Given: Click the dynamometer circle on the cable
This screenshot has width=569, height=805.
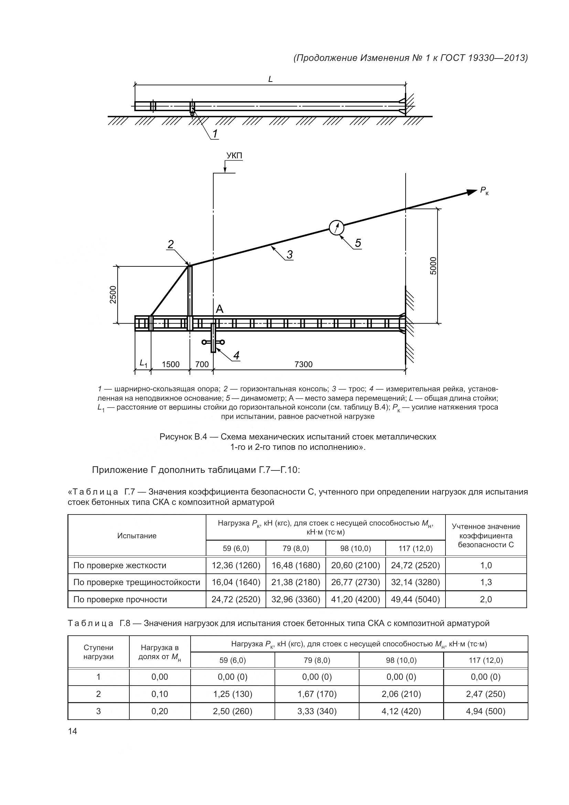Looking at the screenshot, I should coord(337,228).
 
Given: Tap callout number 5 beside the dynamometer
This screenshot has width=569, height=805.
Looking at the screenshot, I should coord(358,243).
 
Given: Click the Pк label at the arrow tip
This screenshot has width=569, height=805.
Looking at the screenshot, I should coord(484,191).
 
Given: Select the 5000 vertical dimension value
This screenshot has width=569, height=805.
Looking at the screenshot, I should coord(433,266).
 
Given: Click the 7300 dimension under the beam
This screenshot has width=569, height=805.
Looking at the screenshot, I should coord(303,364).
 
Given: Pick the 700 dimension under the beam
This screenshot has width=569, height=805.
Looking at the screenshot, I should coord(202,364).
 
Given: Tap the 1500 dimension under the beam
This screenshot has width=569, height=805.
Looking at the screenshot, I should coord(171,364).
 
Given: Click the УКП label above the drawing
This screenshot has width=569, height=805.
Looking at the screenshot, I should coord(234,156).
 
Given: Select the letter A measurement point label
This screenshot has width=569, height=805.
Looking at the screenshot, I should coord(220,309).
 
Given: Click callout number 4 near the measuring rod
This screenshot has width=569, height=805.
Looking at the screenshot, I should coord(236,356).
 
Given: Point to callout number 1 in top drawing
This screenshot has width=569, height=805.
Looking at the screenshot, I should coord(215,134).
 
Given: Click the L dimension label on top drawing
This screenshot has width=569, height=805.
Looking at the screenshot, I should coord(270,80).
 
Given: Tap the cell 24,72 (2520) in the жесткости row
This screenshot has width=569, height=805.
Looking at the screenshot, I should coord(415,565).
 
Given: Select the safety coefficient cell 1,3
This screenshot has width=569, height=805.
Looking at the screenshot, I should coord(486,582).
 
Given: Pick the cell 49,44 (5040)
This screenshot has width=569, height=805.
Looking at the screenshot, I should coord(415,599).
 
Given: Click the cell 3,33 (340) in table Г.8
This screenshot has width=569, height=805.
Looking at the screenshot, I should coord(317,711).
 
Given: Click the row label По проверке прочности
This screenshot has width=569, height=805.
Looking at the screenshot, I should coord(120,599).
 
